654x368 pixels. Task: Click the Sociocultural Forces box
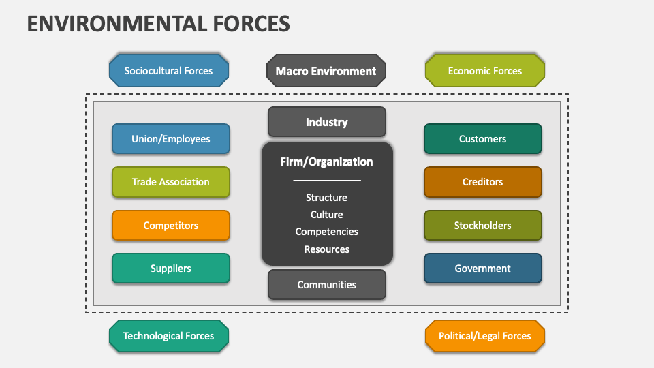(x=168, y=71)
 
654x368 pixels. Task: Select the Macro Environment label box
(x=326, y=71)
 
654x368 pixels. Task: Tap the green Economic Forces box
(x=484, y=71)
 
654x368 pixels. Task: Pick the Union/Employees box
(x=170, y=139)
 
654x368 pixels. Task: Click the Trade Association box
(x=170, y=182)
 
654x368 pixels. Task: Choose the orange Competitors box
(x=170, y=226)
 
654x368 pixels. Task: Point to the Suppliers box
(x=170, y=269)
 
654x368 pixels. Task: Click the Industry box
(x=326, y=122)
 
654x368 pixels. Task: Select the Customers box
(x=482, y=139)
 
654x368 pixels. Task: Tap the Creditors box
(x=482, y=182)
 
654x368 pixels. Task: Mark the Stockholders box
(x=482, y=226)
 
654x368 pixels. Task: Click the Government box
(x=482, y=269)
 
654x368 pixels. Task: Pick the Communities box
(x=326, y=285)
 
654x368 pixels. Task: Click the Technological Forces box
(x=168, y=336)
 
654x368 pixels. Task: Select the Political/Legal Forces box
(x=484, y=336)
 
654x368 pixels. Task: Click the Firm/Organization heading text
(x=326, y=162)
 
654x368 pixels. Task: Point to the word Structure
(x=326, y=198)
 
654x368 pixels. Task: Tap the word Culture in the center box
(x=326, y=215)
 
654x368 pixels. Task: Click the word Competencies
(x=326, y=232)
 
